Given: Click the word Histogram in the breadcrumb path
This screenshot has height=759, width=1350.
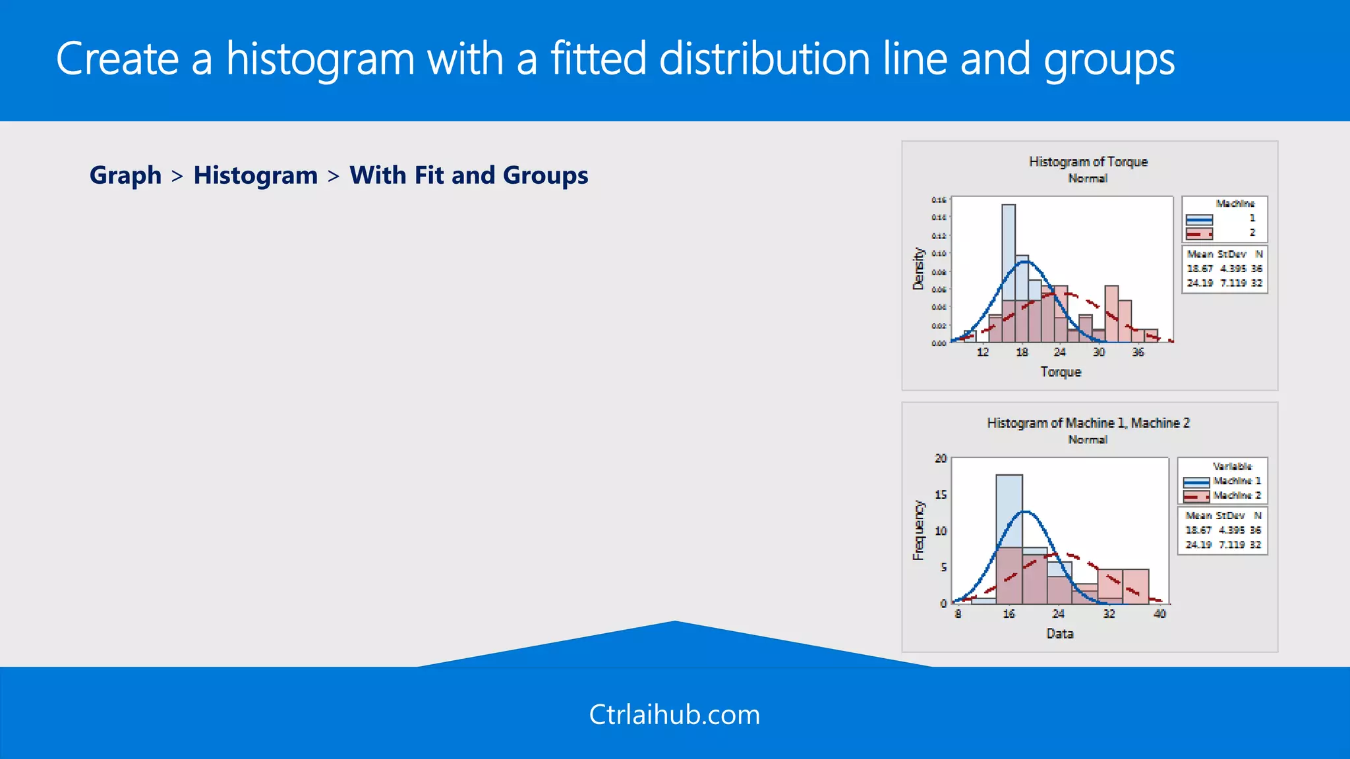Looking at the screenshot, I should click(x=255, y=175).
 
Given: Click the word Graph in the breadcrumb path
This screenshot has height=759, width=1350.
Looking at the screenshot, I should click(x=125, y=175).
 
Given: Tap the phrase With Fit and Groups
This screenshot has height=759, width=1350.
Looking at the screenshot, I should click(x=469, y=175).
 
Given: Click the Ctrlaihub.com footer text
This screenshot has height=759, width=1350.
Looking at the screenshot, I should click(x=674, y=714).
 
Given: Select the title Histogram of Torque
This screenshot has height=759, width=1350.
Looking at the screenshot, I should click(x=1088, y=161).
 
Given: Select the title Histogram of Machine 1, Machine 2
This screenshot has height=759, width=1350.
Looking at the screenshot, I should click(x=1088, y=423).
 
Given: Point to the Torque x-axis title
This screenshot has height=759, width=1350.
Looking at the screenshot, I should click(x=1061, y=372).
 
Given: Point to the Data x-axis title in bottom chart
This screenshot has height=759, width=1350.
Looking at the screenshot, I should click(x=1059, y=633).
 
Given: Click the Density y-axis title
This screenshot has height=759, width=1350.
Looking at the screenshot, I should click(x=918, y=269).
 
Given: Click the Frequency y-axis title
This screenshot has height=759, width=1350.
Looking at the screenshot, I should click(x=918, y=530).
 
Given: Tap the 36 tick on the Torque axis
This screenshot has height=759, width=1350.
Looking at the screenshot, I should click(x=1138, y=352).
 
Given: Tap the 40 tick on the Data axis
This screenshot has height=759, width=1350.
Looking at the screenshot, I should click(x=1159, y=614).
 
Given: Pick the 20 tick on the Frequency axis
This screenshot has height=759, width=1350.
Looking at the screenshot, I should click(x=941, y=459).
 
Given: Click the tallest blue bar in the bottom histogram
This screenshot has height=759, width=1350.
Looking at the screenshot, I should click(x=1009, y=511).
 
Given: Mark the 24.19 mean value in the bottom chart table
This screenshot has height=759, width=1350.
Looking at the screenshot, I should click(x=1198, y=545).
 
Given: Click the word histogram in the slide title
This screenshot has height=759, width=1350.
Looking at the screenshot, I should click(x=320, y=59).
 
